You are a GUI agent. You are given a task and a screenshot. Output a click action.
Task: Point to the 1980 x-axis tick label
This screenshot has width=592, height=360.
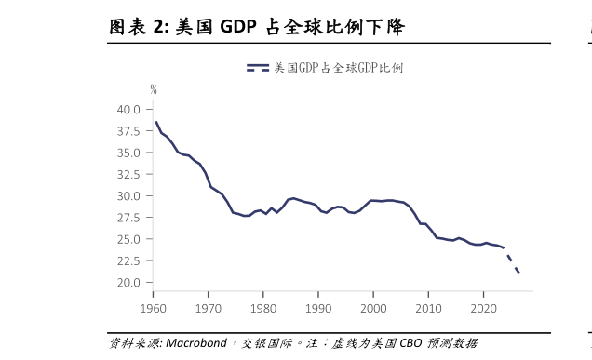(263, 307)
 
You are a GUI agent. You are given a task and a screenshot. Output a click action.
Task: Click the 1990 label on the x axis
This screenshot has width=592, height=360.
(318, 307)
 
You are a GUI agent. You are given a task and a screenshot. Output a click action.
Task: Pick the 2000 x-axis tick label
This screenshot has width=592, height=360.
(373, 307)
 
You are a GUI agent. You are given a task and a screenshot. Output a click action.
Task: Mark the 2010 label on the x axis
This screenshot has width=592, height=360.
(429, 307)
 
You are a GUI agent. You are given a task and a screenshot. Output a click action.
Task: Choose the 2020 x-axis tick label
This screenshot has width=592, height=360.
(484, 307)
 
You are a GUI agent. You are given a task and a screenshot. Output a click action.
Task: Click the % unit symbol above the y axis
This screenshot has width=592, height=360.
(155, 89)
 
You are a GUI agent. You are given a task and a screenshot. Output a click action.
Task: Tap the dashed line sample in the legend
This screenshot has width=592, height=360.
(258, 69)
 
